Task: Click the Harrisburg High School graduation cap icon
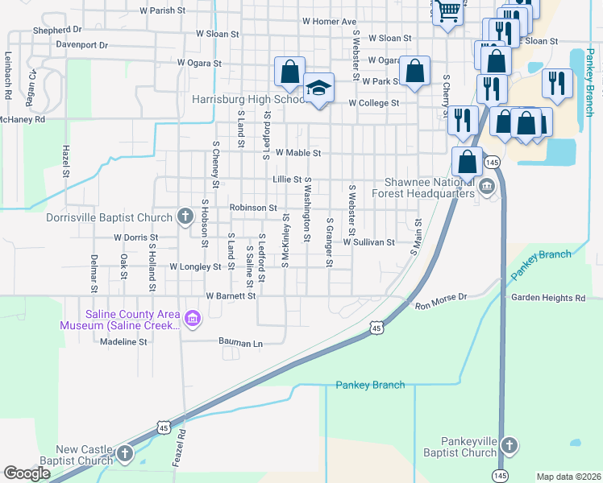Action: coord(319,87)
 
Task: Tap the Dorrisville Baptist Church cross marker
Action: coord(185,216)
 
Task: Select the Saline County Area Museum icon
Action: coord(192,319)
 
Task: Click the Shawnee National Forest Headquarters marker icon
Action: coord(487,188)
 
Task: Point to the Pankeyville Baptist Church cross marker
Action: coord(509,445)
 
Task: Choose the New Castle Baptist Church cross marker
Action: coord(124,454)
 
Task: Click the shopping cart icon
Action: coord(447,12)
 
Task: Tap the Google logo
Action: coord(27,473)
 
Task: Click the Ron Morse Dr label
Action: coord(441,306)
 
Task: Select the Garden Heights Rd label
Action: coord(548,298)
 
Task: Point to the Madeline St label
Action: coord(124,341)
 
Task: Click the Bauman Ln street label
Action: coord(241,343)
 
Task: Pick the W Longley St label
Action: coord(195,266)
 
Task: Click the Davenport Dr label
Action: coord(82,45)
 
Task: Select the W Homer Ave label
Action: coord(329,22)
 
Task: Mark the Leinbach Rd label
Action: coord(8,76)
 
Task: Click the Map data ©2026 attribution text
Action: coord(568,477)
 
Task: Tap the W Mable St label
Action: coord(298,152)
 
